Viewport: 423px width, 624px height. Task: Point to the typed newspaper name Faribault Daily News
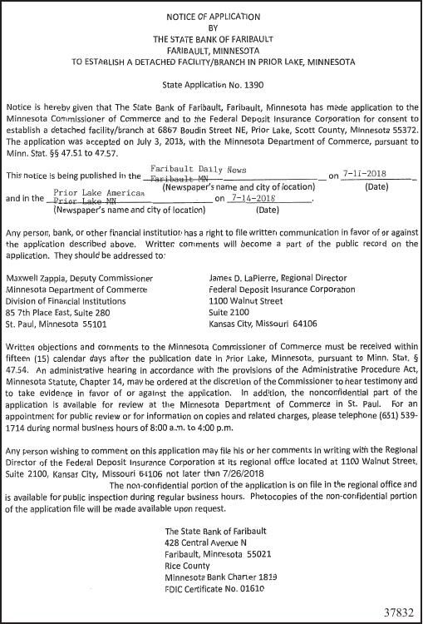point(191,169)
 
